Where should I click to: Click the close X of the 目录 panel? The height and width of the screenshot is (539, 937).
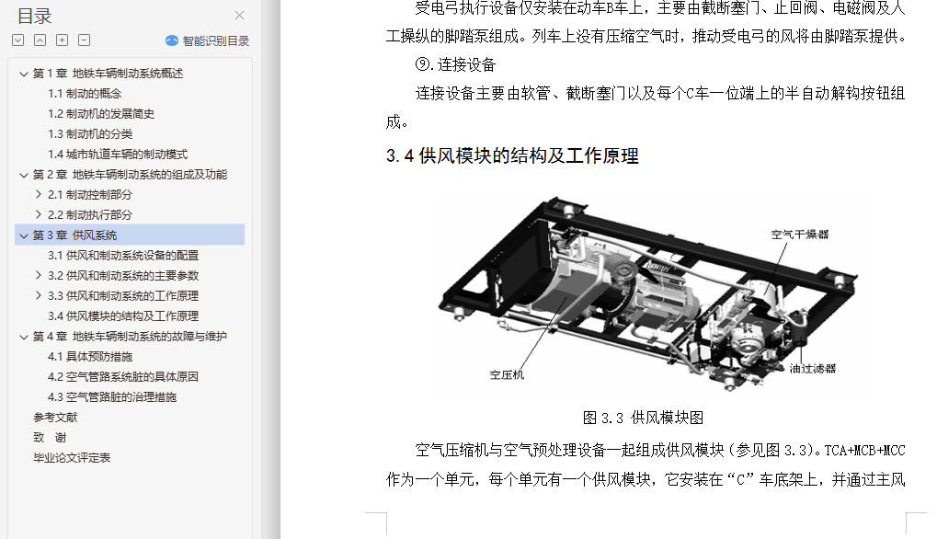(240, 16)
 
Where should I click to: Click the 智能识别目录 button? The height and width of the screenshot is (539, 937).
(208, 40)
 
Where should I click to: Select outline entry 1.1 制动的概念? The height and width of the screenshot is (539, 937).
(85, 94)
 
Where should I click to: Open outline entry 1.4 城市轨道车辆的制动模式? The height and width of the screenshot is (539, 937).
(118, 155)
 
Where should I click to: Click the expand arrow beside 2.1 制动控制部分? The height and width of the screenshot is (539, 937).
(39, 194)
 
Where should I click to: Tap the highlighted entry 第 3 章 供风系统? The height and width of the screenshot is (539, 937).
(74, 235)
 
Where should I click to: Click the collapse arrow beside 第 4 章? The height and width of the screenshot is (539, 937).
(24, 337)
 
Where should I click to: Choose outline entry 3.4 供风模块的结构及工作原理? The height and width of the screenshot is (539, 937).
(123, 316)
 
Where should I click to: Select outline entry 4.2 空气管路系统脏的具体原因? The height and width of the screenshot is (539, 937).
(123, 377)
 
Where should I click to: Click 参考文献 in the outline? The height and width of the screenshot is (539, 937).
(55, 417)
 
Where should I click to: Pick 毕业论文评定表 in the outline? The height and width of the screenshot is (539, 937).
(72, 458)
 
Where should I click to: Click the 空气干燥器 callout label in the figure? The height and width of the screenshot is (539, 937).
(800, 235)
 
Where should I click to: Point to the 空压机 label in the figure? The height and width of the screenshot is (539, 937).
(507, 374)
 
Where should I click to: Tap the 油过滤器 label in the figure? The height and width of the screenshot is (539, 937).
(813, 368)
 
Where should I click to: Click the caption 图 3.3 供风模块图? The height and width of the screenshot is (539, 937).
(643, 418)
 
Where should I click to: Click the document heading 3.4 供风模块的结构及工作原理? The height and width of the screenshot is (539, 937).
(512, 156)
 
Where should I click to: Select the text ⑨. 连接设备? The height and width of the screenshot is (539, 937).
(455, 64)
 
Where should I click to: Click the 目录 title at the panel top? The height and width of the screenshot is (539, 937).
(35, 17)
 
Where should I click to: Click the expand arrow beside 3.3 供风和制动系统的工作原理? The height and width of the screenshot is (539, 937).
(39, 295)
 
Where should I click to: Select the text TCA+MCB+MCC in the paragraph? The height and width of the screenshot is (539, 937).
(864, 450)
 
